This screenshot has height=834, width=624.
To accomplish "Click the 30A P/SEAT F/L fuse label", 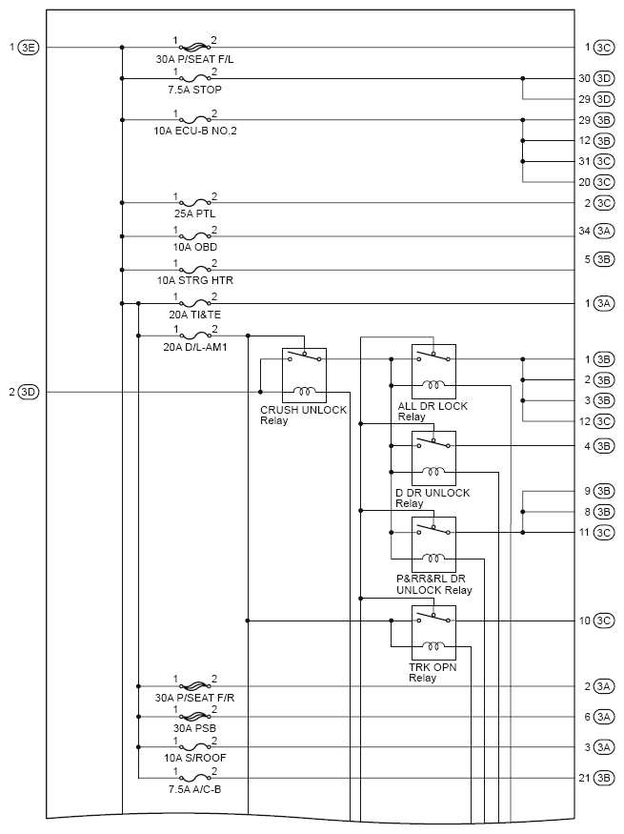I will (x=196, y=59).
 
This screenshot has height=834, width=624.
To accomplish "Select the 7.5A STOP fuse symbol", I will (x=195, y=78).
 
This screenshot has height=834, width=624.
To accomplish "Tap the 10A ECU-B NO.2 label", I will (x=195, y=131).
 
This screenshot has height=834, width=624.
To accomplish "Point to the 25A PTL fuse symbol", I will (x=195, y=203).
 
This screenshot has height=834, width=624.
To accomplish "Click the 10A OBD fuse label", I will (x=194, y=247).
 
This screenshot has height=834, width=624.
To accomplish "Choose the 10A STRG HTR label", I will (x=196, y=280).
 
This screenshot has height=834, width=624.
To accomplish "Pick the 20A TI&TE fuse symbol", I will (x=195, y=304).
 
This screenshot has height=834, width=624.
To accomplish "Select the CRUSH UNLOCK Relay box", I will (x=305, y=376).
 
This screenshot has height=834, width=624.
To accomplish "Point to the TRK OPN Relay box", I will (x=433, y=633).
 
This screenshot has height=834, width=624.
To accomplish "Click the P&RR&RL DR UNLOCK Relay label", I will (x=433, y=584).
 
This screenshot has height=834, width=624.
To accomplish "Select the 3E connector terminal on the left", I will (x=29, y=47).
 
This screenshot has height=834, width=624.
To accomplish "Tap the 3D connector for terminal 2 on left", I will (x=29, y=392).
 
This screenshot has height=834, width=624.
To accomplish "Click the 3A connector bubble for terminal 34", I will (x=603, y=232).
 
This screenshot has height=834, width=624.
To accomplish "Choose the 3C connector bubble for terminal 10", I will (x=603, y=621).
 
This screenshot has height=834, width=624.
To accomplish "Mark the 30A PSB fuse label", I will (x=195, y=729).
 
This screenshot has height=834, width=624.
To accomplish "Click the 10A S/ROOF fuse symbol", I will (x=195, y=747).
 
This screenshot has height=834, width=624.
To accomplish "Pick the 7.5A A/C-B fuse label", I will (x=196, y=789).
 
